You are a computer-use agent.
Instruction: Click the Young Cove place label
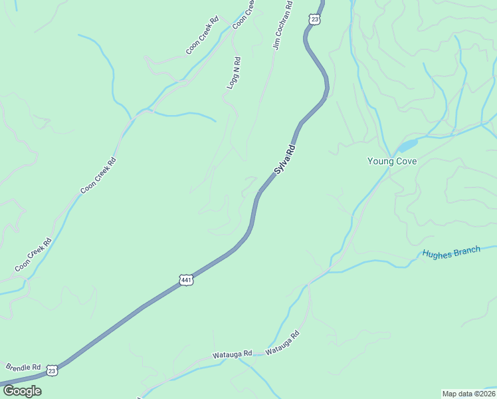[392, 161]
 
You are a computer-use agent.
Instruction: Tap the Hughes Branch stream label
[451, 253]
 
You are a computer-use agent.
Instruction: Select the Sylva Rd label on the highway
[284, 160]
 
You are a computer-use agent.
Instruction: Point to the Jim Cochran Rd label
[282, 31]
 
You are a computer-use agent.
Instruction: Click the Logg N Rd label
[234, 73]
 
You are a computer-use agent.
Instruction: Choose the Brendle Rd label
[23, 366]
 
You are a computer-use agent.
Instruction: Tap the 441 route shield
[187, 281]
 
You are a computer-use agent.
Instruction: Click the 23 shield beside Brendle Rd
[52, 370]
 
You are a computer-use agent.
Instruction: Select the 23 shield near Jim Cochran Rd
[314, 19]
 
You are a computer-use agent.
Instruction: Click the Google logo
[22, 390]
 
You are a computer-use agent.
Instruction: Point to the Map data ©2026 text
[468, 394]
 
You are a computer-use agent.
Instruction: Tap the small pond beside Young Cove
[407, 144]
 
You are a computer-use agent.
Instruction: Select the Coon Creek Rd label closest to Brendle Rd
[33, 255]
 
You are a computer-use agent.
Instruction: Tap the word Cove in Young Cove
[406, 161]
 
